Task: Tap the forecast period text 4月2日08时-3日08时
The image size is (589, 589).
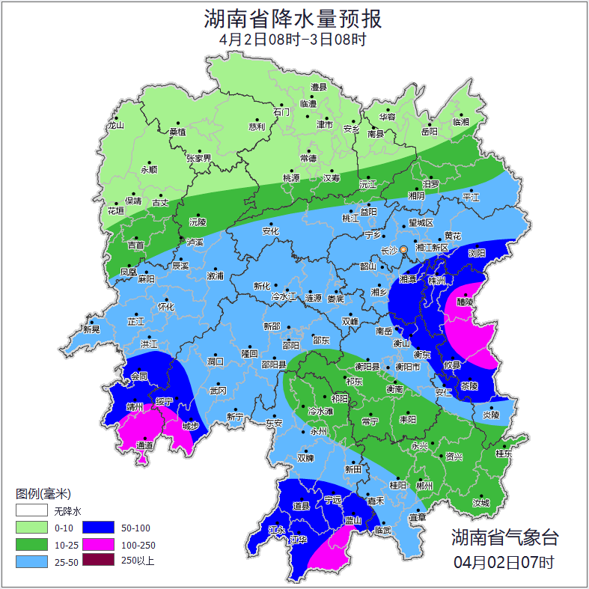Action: (293, 40)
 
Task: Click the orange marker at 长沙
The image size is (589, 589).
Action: (404, 249)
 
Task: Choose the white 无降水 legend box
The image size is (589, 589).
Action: (31, 511)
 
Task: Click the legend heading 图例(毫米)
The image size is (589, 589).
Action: (43, 494)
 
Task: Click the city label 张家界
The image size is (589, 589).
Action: (199, 159)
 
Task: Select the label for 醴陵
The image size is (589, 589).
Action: (465, 302)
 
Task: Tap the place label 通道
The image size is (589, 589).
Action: (144, 446)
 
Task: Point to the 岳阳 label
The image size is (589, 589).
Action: (429, 132)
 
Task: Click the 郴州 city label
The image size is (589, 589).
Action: (424, 486)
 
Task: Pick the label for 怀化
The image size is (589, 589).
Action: (165, 307)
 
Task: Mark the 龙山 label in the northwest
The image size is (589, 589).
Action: (115, 126)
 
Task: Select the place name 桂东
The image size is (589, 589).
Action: (504, 454)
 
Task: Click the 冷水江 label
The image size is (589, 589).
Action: (284, 297)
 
